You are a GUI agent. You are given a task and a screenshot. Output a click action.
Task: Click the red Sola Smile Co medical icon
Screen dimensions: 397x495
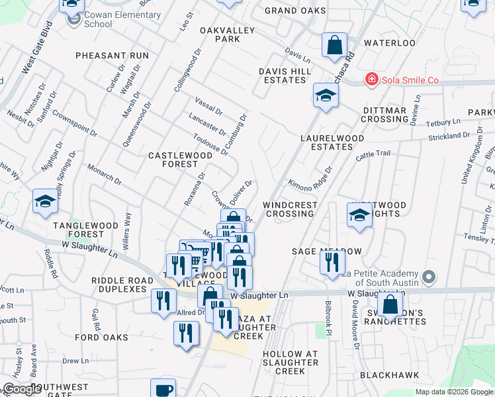tap(372, 80)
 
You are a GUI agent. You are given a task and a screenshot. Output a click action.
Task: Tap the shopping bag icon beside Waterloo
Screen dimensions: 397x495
tap(335, 46)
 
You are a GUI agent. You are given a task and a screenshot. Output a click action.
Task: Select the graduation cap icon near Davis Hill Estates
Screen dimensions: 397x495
tap(326, 97)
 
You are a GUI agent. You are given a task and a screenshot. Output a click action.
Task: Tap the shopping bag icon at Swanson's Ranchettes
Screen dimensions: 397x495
tap(391, 306)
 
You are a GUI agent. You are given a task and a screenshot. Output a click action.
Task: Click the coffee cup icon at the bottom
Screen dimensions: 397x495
tap(163, 390)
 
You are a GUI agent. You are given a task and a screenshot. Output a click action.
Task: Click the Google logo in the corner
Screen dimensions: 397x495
tap(22, 389)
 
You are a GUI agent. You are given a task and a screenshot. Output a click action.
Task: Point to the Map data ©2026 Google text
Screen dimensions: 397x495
tap(453, 392)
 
